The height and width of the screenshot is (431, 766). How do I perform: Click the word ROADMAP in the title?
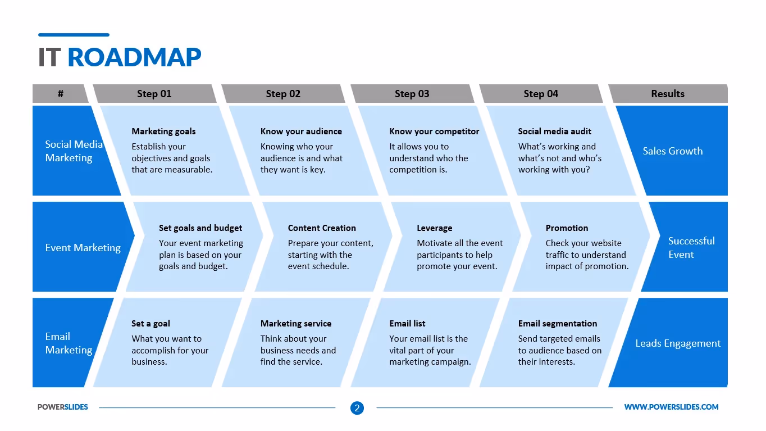point(134,57)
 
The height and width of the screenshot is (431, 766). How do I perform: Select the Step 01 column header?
point(154,94)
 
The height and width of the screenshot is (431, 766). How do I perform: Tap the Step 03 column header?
point(412,94)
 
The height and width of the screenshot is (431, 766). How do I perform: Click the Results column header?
point(667,94)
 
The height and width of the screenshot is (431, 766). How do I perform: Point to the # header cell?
point(60,94)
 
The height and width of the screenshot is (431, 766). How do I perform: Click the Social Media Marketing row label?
point(74,151)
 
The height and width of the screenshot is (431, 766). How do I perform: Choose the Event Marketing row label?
point(83,247)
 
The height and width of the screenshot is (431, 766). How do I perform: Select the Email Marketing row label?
point(69,343)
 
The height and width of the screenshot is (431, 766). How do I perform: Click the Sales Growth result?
point(672,151)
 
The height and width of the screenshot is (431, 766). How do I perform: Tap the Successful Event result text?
point(691,247)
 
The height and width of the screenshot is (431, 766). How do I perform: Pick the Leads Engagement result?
point(677,343)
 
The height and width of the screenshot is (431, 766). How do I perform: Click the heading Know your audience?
point(301,131)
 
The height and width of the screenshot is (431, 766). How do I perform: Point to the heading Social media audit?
point(554,131)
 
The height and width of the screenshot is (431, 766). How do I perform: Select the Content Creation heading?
point(322,228)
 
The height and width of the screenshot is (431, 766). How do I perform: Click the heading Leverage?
point(434,228)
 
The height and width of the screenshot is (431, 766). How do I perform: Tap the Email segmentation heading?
point(557,324)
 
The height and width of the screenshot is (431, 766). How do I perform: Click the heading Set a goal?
point(151,324)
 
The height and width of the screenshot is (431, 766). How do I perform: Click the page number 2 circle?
point(357,408)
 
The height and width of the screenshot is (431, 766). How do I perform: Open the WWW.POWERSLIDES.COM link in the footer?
point(671,407)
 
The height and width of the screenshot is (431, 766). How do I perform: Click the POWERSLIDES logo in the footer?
point(63,407)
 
